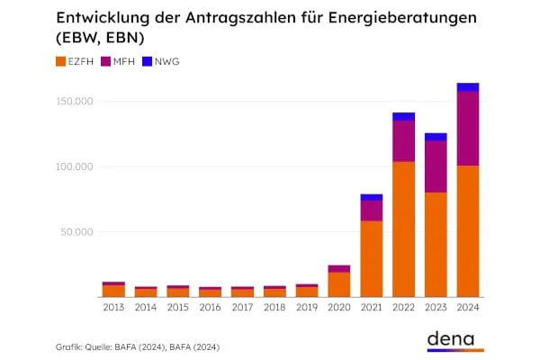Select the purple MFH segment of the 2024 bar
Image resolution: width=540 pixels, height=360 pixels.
468,129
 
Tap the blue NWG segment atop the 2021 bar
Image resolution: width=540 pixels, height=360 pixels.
371,197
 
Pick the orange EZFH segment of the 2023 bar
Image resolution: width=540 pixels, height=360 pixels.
436,245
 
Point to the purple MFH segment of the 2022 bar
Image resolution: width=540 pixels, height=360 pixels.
403,141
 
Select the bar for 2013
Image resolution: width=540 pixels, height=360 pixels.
113,290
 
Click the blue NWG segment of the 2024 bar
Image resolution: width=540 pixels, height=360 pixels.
468,87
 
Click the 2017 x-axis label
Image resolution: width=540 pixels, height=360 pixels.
242,308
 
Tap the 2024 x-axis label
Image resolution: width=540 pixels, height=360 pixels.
468,308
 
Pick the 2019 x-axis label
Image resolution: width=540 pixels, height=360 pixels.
307,308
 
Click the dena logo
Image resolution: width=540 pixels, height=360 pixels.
454,338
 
